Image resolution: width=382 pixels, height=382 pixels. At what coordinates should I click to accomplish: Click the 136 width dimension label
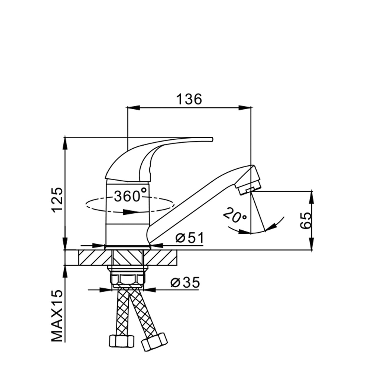pyautogui.click(x=189, y=99)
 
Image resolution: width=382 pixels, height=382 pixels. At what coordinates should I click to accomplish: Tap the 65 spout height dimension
pyautogui.click(x=306, y=220)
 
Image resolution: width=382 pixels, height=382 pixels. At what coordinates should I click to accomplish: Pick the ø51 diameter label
pyautogui.click(x=189, y=238)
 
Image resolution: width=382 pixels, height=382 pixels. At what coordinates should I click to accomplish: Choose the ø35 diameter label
pyautogui.click(x=185, y=283)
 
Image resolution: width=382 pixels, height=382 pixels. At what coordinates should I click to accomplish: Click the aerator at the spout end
pyautogui.click(x=250, y=188)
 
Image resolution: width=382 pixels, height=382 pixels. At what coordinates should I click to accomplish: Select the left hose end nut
pyautogui.click(x=121, y=340)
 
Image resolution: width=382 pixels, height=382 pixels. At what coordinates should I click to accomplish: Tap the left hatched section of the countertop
pyautogui.click(x=92, y=258)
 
